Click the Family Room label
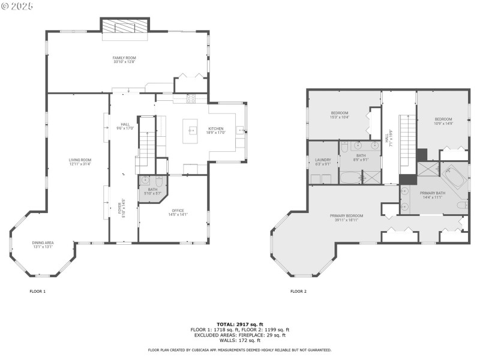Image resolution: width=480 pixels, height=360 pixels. [x=125, y=59]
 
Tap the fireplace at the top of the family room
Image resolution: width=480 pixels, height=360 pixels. [x=124, y=26]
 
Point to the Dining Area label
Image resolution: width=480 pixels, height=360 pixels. [x=43, y=244]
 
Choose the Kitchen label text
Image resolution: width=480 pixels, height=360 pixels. [x=216, y=130]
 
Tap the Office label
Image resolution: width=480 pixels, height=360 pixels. [x=177, y=212]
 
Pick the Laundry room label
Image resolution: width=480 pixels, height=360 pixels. [x=323, y=161]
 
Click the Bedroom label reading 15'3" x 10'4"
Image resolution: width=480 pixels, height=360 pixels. [x=339, y=115]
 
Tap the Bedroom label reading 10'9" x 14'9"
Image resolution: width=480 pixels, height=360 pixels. [x=443, y=121]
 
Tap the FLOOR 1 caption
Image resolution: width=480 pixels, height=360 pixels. [x=37, y=292]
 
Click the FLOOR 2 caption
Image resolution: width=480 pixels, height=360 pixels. [x=298, y=292]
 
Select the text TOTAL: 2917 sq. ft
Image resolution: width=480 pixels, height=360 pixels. [x=239, y=324]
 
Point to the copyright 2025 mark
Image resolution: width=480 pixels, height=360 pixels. [x=17, y=5]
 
